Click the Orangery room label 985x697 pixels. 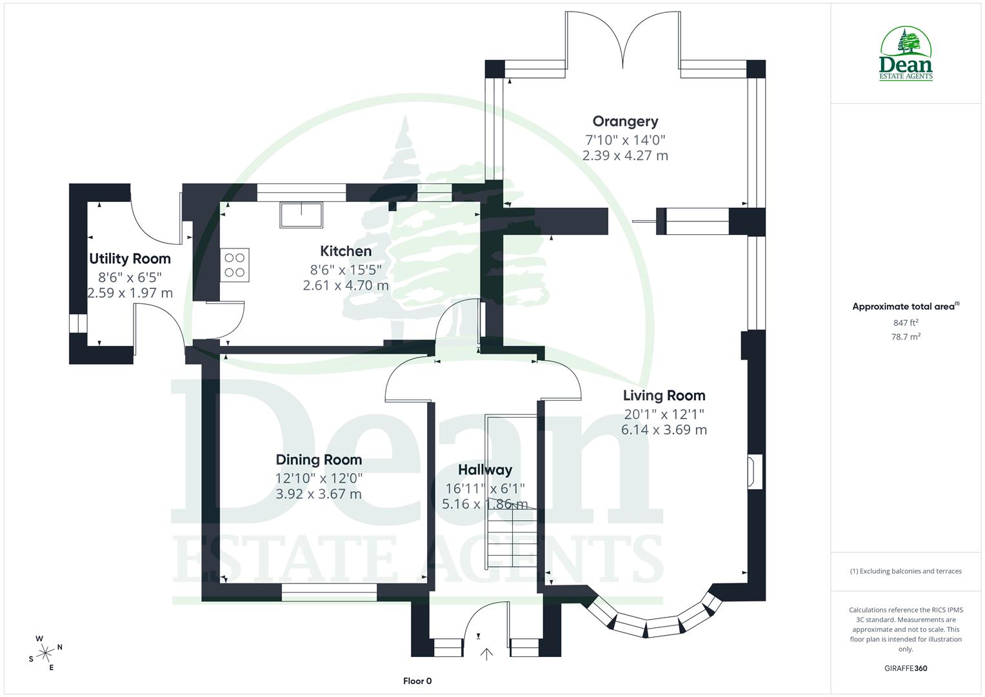pyautogui.click(x=625, y=121)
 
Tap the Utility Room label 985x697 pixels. pyautogui.click(x=130, y=259)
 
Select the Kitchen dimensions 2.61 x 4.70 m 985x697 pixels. pyautogui.click(x=346, y=285)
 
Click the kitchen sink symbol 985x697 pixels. pyautogui.click(x=301, y=215)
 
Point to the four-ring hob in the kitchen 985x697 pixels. pyautogui.click(x=235, y=265)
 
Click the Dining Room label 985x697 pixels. pyautogui.click(x=319, y=460)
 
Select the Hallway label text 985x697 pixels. pyautogui.click(x=485, y=470)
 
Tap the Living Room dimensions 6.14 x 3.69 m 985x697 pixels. pyautogui.click(x=664, y=430)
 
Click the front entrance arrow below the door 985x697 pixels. pyautogui.click(x=486, y=654)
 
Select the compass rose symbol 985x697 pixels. pyautogui.click(x=45, y=652)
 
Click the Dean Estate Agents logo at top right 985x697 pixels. pyautogui.click(x=906, y=54)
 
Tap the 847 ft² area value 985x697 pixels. pyautogui.click(x=906, y=323)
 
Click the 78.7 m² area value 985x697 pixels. pyautogui.click(x=906, y=336)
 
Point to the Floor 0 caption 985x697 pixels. pyautogui.click(x=417, y=681)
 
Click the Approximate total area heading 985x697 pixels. pyautogui.click(x=904, y=307)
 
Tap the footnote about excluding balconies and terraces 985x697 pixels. pyautogui.click(x=906, y=571)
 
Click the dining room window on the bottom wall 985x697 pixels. pyautogui.click(x=329, y=592)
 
